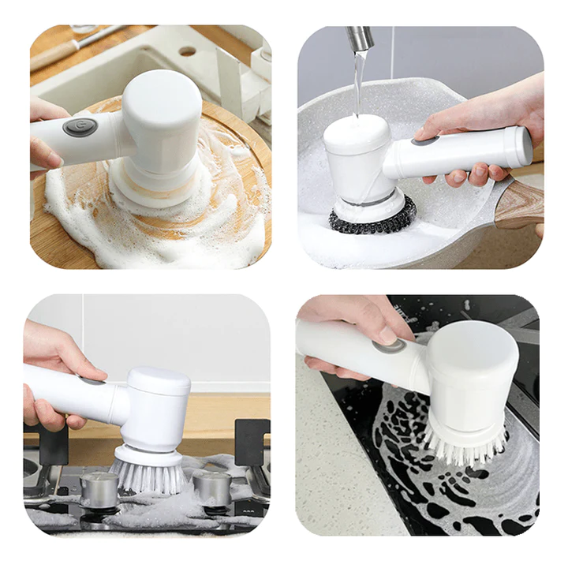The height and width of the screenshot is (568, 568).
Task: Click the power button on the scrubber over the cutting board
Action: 80,127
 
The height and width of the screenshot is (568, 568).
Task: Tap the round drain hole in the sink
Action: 187,50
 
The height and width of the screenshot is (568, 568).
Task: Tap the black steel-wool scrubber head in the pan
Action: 372,215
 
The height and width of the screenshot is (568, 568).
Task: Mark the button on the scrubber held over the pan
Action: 425,141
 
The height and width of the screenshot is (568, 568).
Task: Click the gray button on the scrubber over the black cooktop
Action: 387,344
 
